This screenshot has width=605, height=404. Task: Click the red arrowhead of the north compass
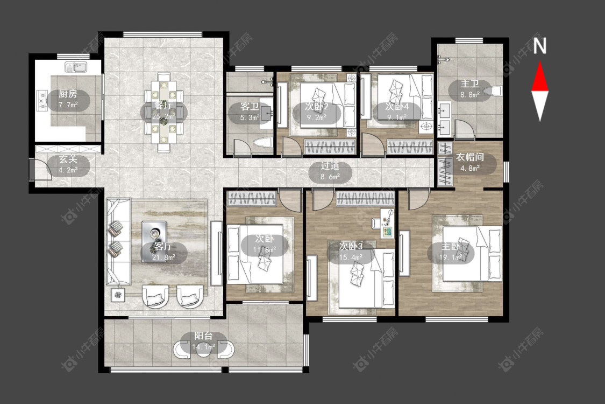(x=540, y=79)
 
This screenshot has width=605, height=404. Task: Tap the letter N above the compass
(x=540, y=46)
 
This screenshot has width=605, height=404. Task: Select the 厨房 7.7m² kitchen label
(x=68, y=99)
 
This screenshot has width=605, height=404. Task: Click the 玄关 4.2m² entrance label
(x=68, y=164)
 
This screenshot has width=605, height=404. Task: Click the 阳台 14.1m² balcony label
(x=203, y=342)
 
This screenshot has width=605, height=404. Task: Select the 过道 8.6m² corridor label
(x=330, y=171)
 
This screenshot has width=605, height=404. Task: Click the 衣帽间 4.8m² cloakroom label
(x=470, y=162)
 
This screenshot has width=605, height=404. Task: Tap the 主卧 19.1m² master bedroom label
(x=451, y=252)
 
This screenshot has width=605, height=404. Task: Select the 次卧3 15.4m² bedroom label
(x=351, y=252)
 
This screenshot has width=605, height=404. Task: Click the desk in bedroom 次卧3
(x=387, y=224)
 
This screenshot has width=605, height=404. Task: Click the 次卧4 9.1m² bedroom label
(x=397, y=112)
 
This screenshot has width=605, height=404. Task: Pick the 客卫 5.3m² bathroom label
(x=249, y=112)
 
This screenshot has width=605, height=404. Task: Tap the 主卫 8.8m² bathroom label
(x=470, y=88)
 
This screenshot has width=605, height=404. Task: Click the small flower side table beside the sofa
(x=118, y=295)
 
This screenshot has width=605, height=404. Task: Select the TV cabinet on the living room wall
(x=217, y=253)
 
